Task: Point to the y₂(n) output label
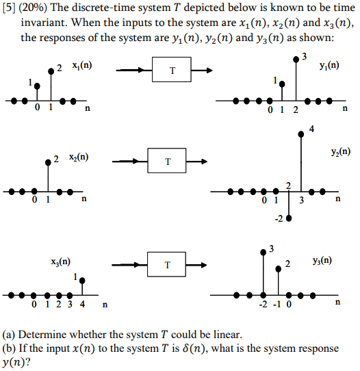[x=339, y=152]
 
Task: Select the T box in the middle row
[x=168, y=162]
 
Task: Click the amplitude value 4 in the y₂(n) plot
[x=311, y=129]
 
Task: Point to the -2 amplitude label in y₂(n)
[x=279, y=218]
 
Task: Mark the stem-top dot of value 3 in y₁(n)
[x=296, y=60]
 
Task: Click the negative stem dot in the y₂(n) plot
[x=289, y=219]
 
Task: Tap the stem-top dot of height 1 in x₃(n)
[x=82, y=280]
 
